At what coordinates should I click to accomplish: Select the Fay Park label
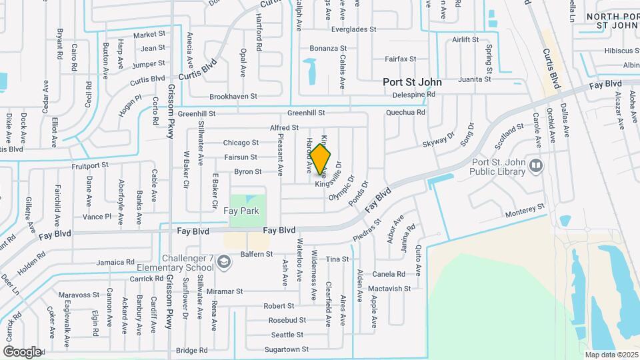click(x=241, y=211)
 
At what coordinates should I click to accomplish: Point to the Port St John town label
click(x=412, y=82)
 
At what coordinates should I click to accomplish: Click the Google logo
click(x=22, y=351)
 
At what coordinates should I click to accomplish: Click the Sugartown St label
click(x=286, y=349)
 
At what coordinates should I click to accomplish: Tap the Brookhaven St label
click(x=233, y=97)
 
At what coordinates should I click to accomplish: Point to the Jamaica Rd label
click(x=111, y=263)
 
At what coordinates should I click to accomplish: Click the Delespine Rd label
click(x=413, y=95)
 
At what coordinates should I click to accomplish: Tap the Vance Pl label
click(x=98, y=217)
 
